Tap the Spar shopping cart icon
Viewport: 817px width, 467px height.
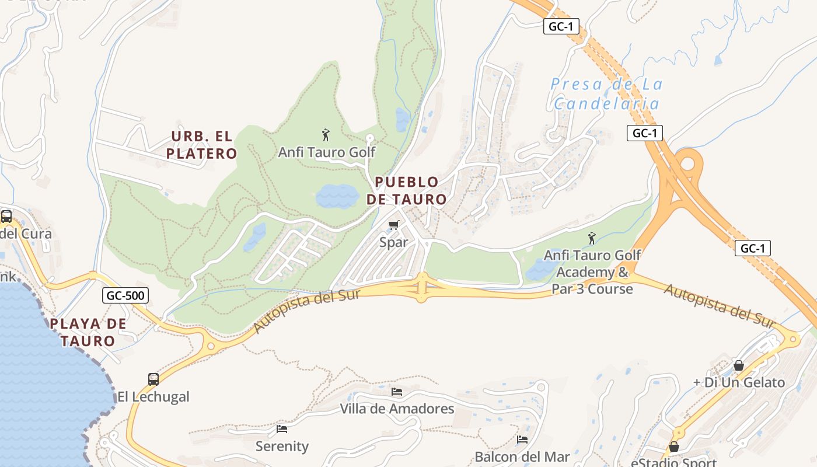pyautogui.click(x=394, y=225)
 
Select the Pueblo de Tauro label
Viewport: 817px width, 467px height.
pyautogui.click(x=407, y=191)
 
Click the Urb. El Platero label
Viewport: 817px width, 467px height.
pyautogui.click(x=201, y=145)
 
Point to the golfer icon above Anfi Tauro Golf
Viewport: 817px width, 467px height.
pyautogui.click(x=326, y=135)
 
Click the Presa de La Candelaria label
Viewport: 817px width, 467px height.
pyautogui.click(x=607, y=94)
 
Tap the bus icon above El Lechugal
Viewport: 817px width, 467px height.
pyautogui.click(x=153, y=379)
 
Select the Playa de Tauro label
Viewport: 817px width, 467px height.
pyautogui.click(x=88, y=332)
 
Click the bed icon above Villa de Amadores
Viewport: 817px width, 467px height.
pyautogui.click(x=397, y=391)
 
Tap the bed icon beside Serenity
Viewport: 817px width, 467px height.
pyautogui.click(x=282, y=429)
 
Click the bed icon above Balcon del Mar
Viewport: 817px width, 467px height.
pyautogui.click(x=522, y=439)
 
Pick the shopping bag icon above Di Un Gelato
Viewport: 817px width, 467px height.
pyautogui.click(x=739, y=365)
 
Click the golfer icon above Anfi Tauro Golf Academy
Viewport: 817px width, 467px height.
pyautogui.click(x=592, y=238)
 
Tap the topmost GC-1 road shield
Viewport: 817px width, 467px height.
pyautogui.click(x=561, y=26)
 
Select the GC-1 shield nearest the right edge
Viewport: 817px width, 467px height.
pyautogui.click(x=752, y=248)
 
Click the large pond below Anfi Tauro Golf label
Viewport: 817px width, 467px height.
pyautogui.click(x=337, y=197)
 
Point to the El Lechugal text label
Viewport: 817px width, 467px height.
pyautogui.click(x=153, y=397)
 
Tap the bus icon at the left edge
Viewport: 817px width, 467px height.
pyautogui.click(x=6, y=216)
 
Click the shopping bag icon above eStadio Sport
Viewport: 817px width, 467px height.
pyautogui.click(x=674, y=447)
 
